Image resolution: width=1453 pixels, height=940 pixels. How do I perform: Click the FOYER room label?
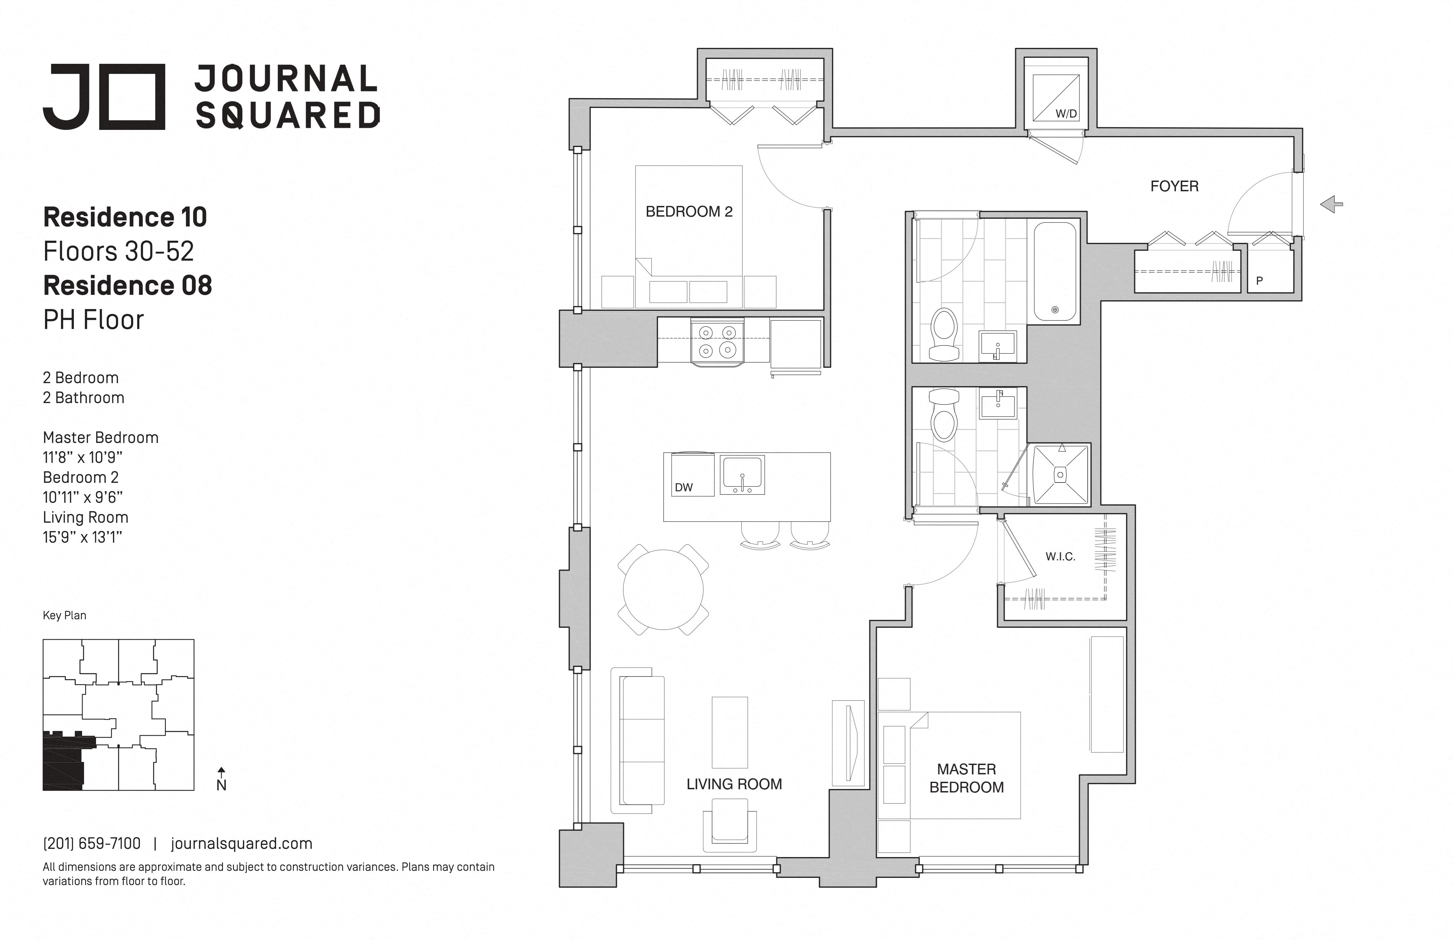pyautogui.click(x=1174, y=186)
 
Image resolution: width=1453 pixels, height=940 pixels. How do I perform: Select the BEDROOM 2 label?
pyautogui.click(x=689, y=212)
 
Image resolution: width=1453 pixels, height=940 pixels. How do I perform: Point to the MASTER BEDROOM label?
pyautogui.click(x=966, y=778)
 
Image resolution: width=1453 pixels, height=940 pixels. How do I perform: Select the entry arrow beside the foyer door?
pyautogui.click(x=1331, y=205)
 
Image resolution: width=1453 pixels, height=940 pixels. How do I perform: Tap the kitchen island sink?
pyautogui.click(x=742, y=474)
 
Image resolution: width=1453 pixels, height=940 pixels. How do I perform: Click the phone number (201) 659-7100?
pyautogui.click(x=91, y=843)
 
